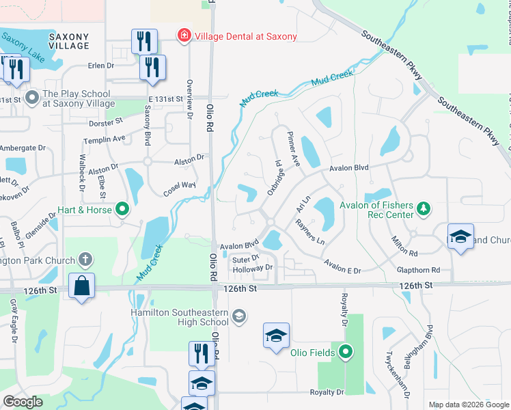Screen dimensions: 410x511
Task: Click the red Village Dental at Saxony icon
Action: coord(183,36)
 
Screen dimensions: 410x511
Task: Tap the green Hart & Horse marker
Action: coord(122,208)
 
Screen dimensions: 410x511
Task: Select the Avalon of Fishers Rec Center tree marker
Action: coord(424,207)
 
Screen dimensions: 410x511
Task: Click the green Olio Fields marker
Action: coord(346,353)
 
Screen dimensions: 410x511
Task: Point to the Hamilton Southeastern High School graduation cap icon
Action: coord(238,315)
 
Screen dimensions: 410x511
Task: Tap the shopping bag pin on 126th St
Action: coord(81,287)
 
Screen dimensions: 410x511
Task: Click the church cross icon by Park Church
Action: coord(84,259)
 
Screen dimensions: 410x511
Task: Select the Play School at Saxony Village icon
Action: coord(32,98)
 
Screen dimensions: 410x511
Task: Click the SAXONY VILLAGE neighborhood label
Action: coord(69,41)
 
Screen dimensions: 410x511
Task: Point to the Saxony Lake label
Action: coord(23,49)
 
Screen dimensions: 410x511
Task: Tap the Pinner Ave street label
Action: coord(294,149)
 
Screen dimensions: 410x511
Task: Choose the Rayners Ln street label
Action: coord(309,232)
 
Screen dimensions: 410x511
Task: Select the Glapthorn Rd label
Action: coord(418,270)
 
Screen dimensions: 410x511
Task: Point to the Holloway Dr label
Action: coord(252,268)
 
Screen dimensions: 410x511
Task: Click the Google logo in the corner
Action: coord(23,402)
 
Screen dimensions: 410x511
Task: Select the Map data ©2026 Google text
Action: coord(468,405)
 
